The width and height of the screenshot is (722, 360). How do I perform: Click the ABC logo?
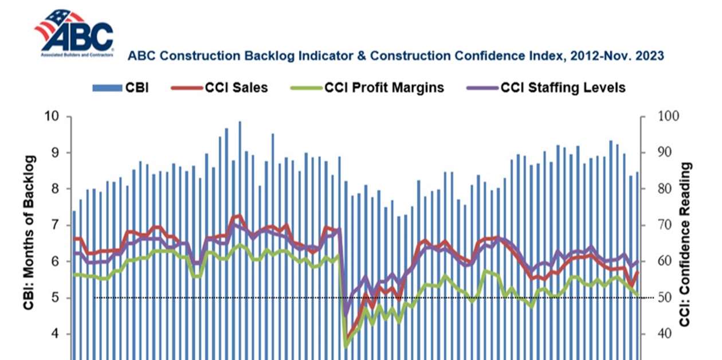pyautogui.click(x=74, y=33)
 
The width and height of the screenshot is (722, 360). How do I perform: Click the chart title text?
pyautogui.click(x=395, y=56)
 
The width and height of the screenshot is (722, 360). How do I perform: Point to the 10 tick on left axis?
pyautogui.click(x=53, y=116)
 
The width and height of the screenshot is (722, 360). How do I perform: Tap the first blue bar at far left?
pyautogui.click(x=74, y=281)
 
